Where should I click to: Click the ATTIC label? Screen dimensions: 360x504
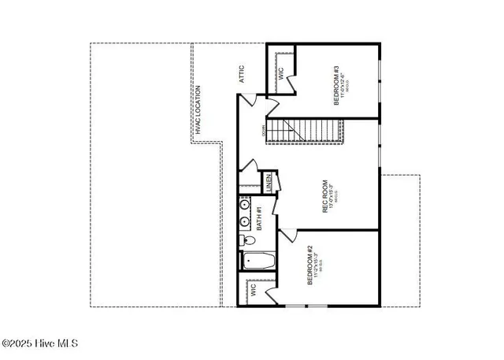click(243, 74)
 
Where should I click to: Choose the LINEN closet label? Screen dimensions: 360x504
click(269, 183)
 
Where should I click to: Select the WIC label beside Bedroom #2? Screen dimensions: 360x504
click(254, 289)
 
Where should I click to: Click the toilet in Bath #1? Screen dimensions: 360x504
click(246, 240)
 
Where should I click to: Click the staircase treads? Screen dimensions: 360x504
click(303, 129)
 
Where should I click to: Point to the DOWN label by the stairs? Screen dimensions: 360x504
click(257, 131)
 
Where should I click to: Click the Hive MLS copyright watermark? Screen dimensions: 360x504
click(39, 343)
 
